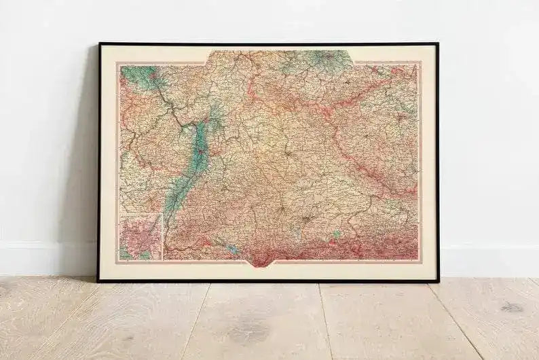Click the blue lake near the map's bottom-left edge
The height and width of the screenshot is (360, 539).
tap(230, 249)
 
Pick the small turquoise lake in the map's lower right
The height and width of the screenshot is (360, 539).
tap(337, 234)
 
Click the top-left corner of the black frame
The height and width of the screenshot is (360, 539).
tap(99, 44)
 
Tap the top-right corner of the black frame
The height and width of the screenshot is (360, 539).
tap(437, 44)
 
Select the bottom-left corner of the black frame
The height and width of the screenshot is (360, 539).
tap(98, 280)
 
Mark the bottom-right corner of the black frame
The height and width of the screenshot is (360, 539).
tap(438, 280)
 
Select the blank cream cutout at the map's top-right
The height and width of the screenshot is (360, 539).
tap(387, 55)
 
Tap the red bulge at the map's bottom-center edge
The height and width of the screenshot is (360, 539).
tap(272, 259)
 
